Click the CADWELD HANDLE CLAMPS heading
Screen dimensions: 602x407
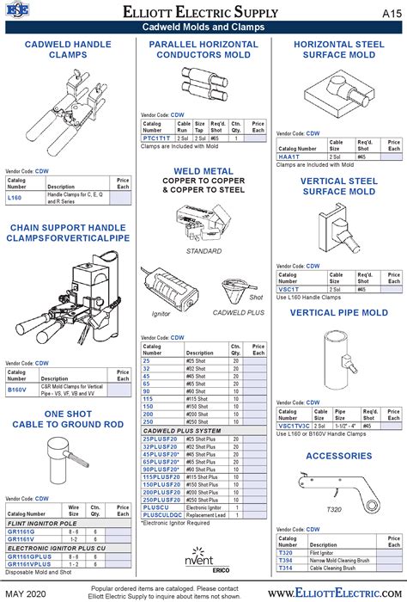(67, 49)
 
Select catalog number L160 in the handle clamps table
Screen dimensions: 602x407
(15, 198)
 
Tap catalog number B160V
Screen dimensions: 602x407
(17, 390)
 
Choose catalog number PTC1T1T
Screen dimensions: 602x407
(155, 138)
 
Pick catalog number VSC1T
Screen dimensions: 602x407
(288, 289)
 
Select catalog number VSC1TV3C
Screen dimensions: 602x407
(294, 425)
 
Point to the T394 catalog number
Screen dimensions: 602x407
(285, 561)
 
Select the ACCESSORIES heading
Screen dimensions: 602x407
(338, 456)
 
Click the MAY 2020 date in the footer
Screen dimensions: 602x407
(27, 593)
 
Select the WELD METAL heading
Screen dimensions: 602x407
(203, 171)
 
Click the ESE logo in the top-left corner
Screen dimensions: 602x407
(17, 11)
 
